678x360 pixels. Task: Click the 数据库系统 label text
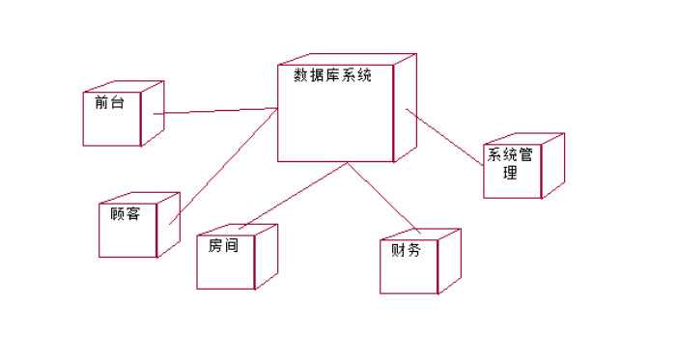tap(325, 75)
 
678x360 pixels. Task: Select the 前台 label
tap(109, 103)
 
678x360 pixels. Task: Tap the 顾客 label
tap(126, 213)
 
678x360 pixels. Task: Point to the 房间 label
tap(223, 245)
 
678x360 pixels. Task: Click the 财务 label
tap(406, 250)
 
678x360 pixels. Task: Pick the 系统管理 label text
tap(509, 163)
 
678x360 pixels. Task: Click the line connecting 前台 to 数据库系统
tap(217, 111)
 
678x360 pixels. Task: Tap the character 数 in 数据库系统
tap(288, 75)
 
